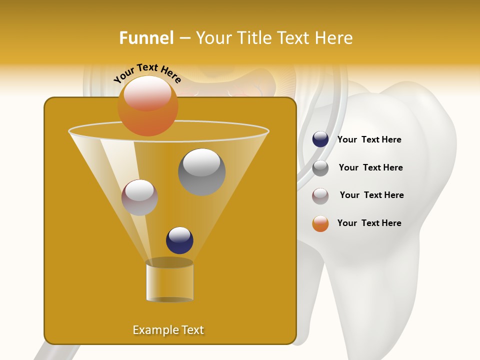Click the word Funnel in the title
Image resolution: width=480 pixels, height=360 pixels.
pos(146,38)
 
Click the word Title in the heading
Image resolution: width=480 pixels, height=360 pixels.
pos(254,38)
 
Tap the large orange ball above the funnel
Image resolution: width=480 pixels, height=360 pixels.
pos(147,106)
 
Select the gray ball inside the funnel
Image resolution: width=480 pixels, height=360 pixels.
pos(201,172)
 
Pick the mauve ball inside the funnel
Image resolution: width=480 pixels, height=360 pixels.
pos(139,197)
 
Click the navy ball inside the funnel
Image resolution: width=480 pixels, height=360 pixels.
pos(179,240)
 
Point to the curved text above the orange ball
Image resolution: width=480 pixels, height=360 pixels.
pos(147,73)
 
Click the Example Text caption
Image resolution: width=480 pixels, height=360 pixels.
pos(168,330)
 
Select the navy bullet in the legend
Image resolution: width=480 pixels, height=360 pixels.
pos(320,139)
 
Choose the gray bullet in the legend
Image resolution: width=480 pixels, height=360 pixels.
pos(320,168)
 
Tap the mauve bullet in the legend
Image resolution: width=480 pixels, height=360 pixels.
pos(320,195)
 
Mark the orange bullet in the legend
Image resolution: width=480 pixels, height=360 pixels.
pos(320,223)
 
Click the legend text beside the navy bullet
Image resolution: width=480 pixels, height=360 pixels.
pos(369,140)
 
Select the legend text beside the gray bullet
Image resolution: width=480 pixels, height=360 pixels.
pos(370,168)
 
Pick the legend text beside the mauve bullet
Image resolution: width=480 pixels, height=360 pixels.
pos(371,195)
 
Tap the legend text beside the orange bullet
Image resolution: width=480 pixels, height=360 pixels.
pos(369,223)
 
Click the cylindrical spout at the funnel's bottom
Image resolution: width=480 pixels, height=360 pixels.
pos(169,281)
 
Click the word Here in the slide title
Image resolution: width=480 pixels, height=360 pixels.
pos(333,38)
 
